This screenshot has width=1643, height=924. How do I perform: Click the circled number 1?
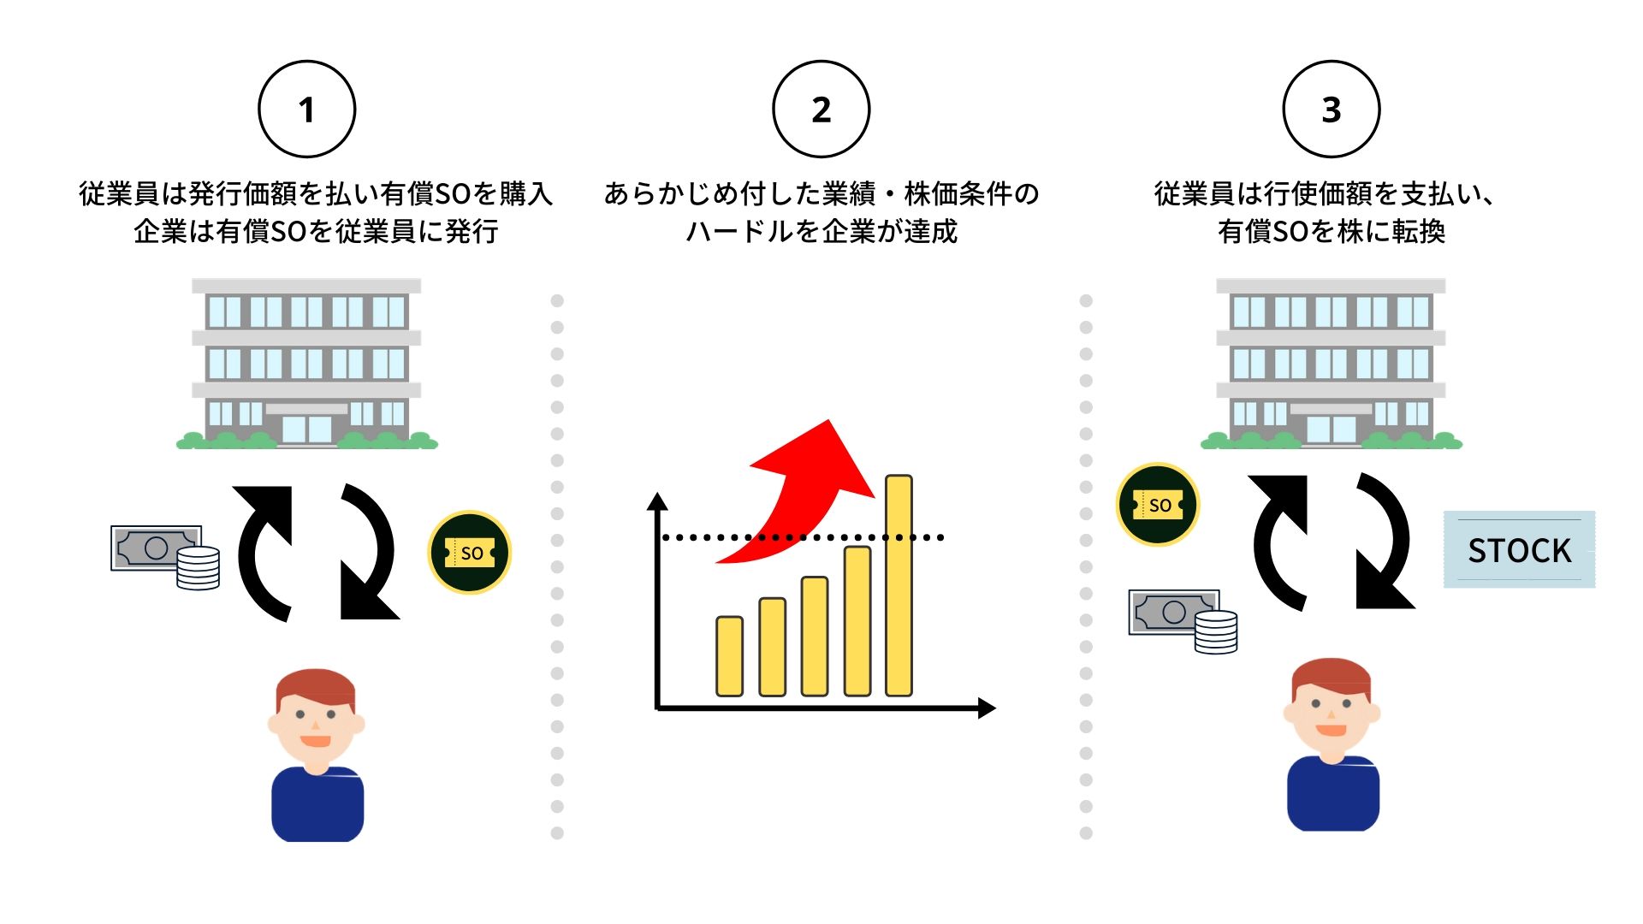coord(306,110)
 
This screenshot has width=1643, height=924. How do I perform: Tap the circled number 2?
coord(821,110)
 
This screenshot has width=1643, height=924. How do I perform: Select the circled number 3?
coord(1331,110)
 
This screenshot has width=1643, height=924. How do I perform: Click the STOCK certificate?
coord(1519,550)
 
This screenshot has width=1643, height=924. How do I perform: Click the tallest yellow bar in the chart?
coord(899,586)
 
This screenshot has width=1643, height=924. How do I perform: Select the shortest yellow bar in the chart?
coord(729,656)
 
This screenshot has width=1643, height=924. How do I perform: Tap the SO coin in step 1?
coord(469,553)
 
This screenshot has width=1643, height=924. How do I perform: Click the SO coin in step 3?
coord(1158,505)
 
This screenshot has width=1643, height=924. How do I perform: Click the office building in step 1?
coord(306,364)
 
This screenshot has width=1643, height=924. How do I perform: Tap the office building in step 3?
coord(1331,364)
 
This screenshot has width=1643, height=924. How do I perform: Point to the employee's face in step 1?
coord(316,719)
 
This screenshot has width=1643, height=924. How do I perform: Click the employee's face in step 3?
coord(1332,708)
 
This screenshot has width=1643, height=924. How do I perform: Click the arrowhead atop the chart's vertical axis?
coord(657,501)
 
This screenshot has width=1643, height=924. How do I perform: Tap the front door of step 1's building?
coord(306,429)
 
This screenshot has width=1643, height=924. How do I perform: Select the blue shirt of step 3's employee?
coord(1332,796)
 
